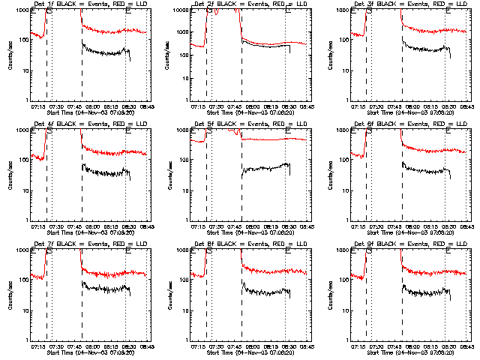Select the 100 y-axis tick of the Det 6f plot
(x=340, y=160)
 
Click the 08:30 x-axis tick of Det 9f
(x=448, y=346)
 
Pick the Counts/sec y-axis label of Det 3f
(x=328, y=54)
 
